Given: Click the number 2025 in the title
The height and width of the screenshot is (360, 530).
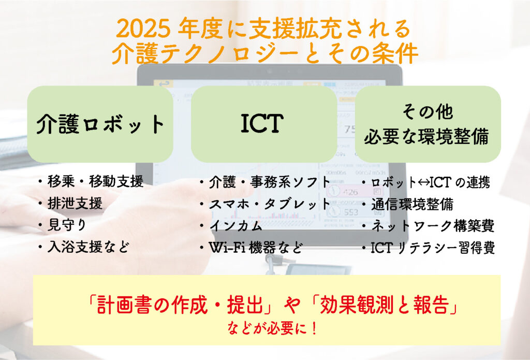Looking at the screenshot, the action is (x=143, y=29).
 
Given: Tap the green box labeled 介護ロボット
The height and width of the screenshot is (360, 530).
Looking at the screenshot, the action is (x=100, y=124).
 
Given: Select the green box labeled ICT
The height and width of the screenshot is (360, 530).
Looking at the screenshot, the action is (x=263, y=124).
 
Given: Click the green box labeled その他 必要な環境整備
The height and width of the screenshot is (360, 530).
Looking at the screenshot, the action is (x=428, y=124).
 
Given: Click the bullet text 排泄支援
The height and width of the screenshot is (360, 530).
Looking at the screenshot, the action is (x=75, y=204).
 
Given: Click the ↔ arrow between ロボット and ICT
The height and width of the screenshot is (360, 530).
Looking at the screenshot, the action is (x=423, y=183).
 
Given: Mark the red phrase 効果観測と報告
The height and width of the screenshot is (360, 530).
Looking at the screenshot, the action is (x=384, y=305).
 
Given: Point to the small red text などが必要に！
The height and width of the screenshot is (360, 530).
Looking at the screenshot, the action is (x=272, y=328).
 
